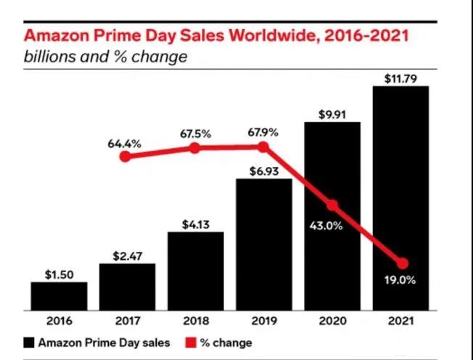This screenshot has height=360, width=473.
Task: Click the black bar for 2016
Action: tap(59, 296)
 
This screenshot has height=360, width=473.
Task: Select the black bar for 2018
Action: tap(195, 271)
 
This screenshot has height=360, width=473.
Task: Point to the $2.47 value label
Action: tap(127, 255)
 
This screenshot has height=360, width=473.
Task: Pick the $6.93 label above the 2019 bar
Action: tap(264, 170)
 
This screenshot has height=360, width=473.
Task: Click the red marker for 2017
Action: tap(126, 156)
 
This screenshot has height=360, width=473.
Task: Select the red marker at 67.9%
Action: tap(263, 147)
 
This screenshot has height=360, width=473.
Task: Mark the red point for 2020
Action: tap(333, 205)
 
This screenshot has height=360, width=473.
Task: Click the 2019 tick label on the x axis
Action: tap(264, 321)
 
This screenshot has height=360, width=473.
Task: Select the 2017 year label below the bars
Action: tap(127, 321)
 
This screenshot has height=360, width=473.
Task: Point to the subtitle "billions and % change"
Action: tap(106, 57)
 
